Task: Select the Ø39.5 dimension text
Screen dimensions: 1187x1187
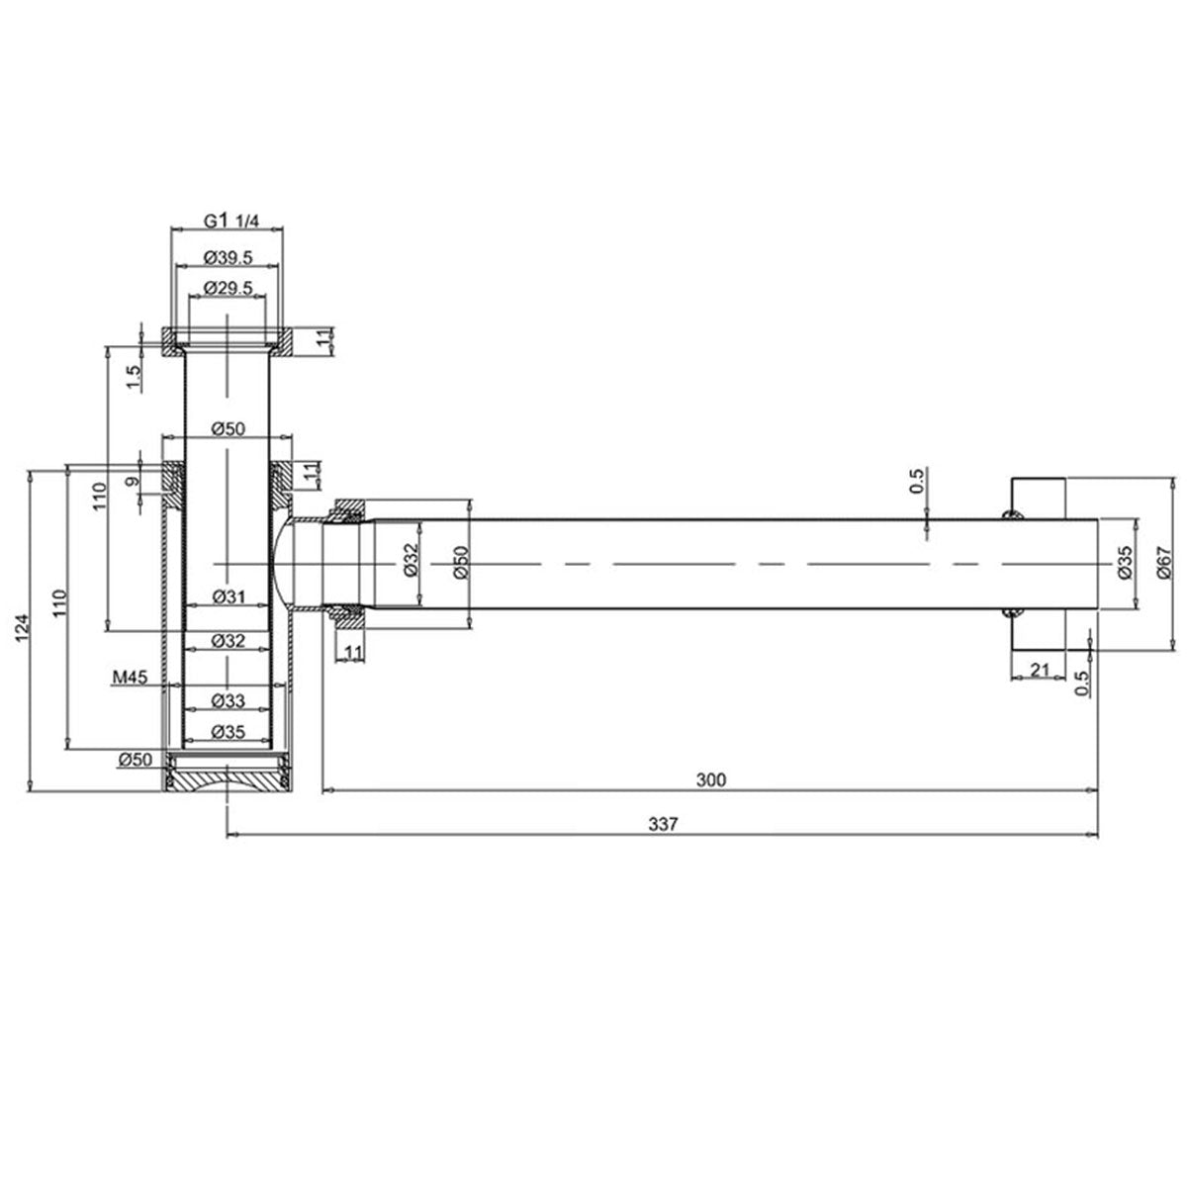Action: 228,256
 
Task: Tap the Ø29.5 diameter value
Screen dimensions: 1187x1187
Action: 228,287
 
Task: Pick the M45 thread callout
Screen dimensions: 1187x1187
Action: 130,678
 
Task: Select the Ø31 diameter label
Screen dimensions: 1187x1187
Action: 228,597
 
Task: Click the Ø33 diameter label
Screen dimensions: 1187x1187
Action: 228,700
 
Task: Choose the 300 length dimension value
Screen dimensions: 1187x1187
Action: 710,779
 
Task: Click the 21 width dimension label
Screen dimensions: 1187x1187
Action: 1039,670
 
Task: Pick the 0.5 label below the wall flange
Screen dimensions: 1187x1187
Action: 1081,682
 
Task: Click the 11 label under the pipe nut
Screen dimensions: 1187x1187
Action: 352,651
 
